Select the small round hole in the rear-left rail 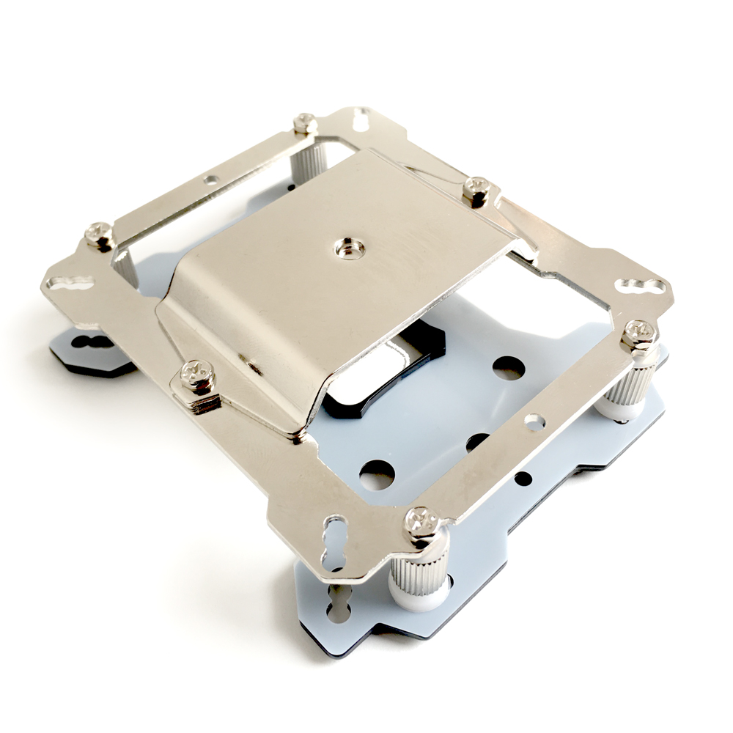click(211, 178)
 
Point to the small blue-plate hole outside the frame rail click(522, 479)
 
